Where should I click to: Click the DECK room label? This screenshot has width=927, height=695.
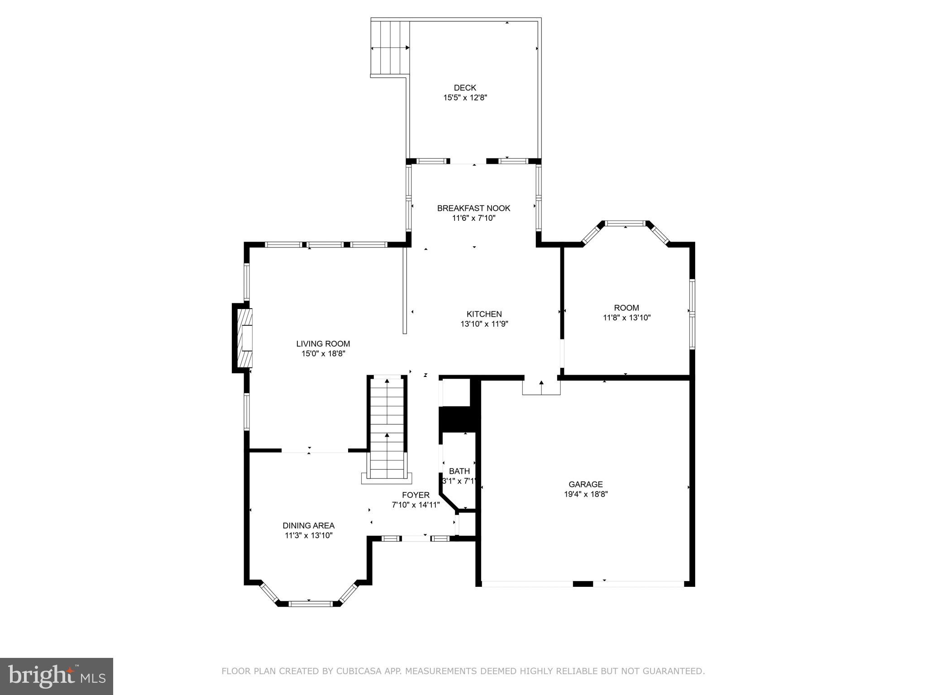(465, 88)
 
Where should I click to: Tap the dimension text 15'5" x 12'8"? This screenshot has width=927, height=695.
(465, 98)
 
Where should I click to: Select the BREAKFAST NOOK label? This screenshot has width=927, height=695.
(473, 208)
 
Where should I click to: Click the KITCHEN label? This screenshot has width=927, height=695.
(484, 314)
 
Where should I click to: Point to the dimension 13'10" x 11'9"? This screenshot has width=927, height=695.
(484, 324)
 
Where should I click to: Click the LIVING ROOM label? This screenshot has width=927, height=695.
(323, 344)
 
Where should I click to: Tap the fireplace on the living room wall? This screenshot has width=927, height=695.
(243, 338)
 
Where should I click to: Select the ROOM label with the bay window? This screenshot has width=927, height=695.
(626, 308)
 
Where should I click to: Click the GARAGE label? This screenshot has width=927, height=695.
(586, 484)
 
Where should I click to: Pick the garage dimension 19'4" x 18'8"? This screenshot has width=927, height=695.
(586, 494)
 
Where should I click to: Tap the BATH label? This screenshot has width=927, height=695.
(459, 471)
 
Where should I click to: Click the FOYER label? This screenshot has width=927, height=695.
(416, 495)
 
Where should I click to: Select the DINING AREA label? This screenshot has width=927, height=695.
(309, 526)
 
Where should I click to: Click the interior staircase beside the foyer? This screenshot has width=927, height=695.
(387, 428)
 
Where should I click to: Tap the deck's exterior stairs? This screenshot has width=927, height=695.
(390, 48)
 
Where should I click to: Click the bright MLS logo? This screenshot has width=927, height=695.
(57, 676)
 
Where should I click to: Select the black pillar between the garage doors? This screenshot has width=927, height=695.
(583, 584)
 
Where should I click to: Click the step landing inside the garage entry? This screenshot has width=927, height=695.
(541, 387)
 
